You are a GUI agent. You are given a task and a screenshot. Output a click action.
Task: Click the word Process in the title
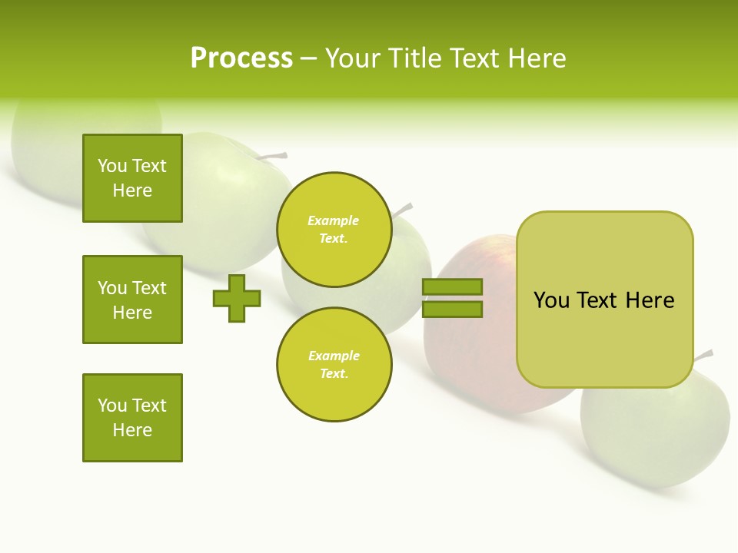click(241, 58)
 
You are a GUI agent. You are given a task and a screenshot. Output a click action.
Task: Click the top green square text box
click(132, 178)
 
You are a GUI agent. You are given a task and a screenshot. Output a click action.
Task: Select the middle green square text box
click(132, 300)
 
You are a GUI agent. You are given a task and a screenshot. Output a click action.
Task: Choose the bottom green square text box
click(132, 418)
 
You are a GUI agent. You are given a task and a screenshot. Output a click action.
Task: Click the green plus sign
click(237, 298)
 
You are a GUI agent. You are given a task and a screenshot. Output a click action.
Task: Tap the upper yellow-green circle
click(334, 230)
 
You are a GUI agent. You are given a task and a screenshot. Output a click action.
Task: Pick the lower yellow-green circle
click(334, 365)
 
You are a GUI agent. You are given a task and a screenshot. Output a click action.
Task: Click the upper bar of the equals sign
click(452, 287)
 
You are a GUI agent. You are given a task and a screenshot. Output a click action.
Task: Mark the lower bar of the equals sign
click(452, 309)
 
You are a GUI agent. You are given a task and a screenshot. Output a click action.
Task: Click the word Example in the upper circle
click(334, 220)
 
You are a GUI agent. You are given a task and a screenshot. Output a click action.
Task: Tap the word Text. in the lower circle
click(334, 374)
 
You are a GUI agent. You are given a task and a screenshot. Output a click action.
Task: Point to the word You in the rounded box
click(551, 300)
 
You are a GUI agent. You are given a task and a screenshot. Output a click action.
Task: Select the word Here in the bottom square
click(132, 430)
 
